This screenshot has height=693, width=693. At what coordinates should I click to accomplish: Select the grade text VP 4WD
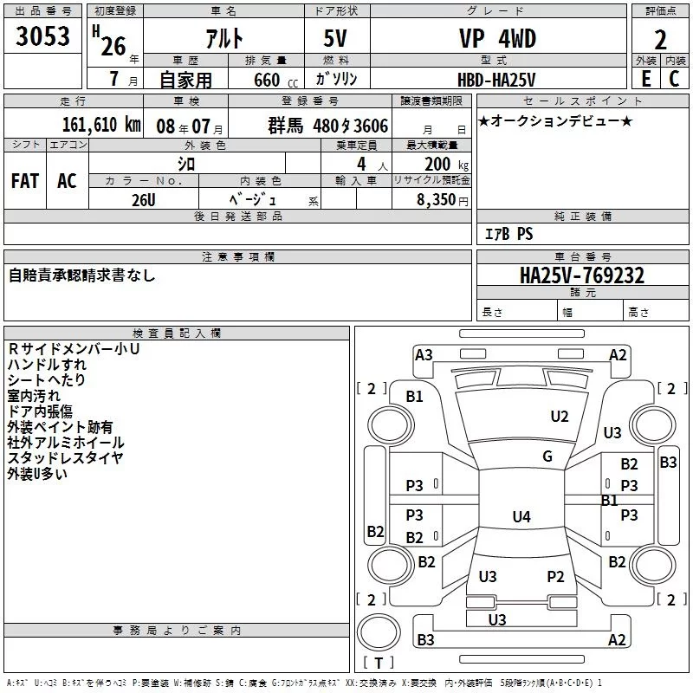(497, 38)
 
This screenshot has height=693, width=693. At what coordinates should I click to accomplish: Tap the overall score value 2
(660, 40)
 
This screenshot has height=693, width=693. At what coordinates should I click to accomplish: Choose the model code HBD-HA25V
(497, 78)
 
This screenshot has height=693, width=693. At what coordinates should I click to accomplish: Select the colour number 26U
(144, 199)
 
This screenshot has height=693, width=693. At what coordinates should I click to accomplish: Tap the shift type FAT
(25, 180)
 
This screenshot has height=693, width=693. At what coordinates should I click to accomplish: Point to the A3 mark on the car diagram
(424, 354)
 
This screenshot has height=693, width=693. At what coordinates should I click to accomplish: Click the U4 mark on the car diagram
(521, 517)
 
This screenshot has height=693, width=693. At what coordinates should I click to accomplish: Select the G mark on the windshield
(547, 457)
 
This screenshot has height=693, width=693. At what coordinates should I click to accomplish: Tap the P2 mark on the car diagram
(555, 577)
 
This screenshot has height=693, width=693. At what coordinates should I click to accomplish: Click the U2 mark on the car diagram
(560, 417)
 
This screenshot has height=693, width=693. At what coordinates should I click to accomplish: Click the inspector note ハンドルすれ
(47, 365)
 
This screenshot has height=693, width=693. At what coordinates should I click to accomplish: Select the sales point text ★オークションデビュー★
(555, 120)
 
